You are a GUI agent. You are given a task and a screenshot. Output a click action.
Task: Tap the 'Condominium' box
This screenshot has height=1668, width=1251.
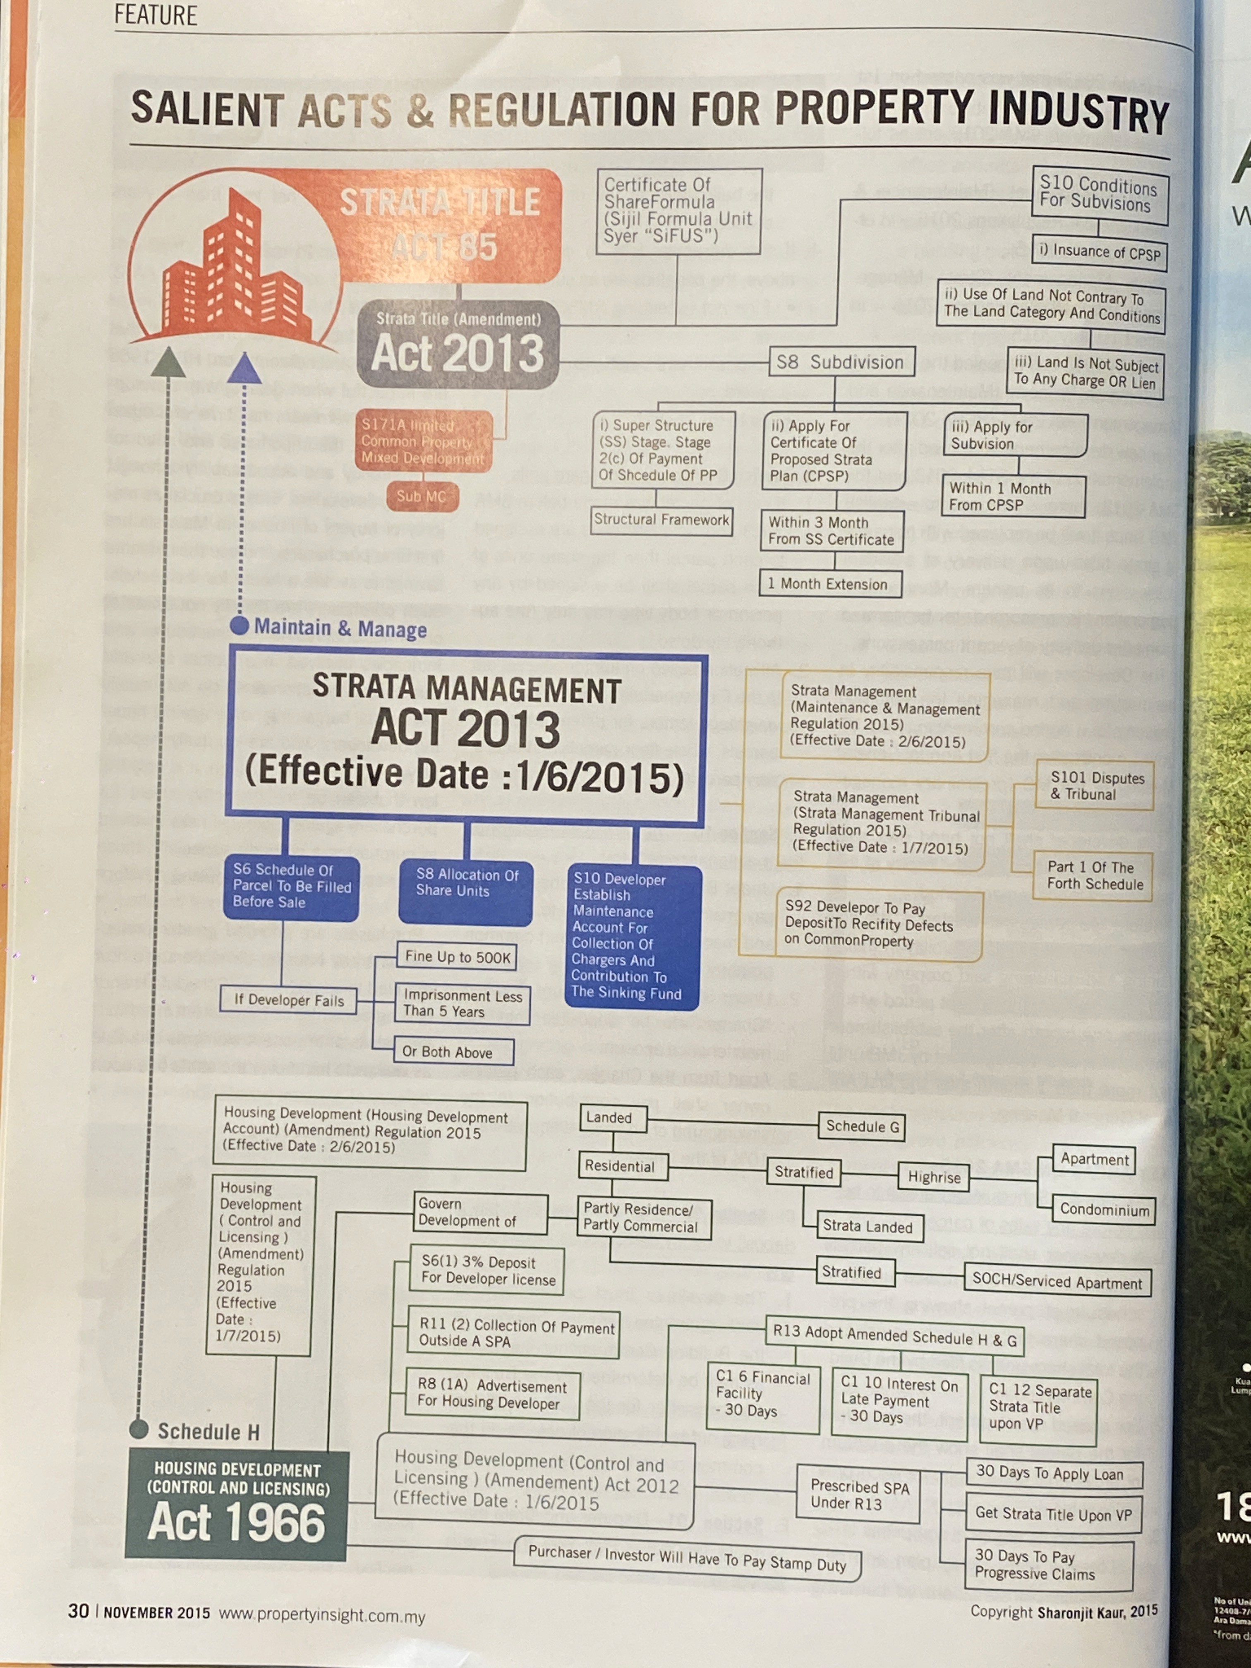tap(1104, 1210)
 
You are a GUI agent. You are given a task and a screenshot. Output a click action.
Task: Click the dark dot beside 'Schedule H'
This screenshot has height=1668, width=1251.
tap(139, 1429)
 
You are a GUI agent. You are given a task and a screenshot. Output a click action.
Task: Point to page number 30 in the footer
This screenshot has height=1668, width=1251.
tap(79, 1611)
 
